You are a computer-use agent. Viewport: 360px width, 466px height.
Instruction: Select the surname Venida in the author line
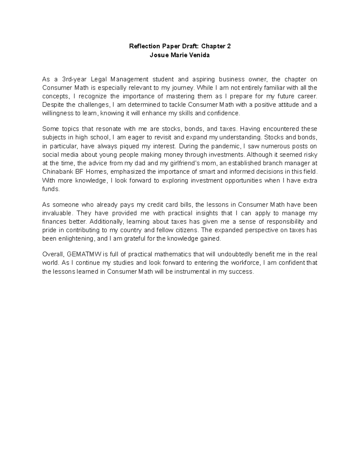coord(198,55)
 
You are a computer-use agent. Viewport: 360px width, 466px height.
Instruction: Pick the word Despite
coord(52,105)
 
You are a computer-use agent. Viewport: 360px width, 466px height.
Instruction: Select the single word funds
coord(51,189)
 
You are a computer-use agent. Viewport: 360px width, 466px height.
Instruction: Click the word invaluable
coord(57,213)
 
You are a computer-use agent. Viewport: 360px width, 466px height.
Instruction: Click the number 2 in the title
coord(229,47)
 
